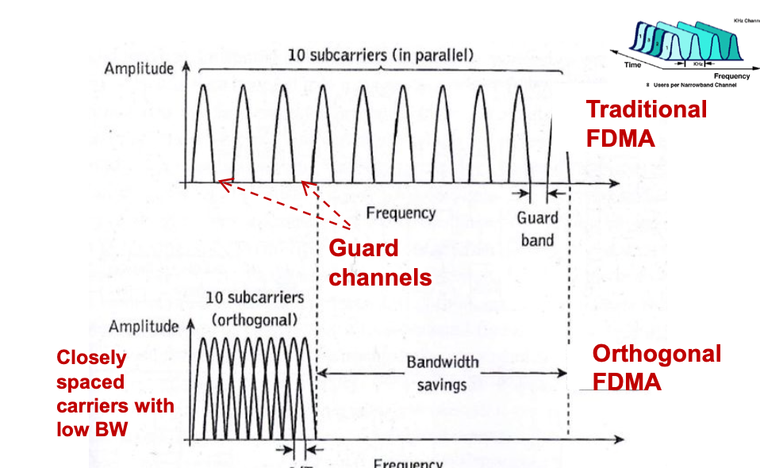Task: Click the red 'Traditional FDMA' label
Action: (646, 124)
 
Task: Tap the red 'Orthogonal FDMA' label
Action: (656, 367)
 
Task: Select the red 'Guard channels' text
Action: (380, 263)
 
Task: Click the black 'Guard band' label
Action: (538, 228)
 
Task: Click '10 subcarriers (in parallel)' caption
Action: (381, 55)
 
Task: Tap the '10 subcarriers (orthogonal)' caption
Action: (254, 310)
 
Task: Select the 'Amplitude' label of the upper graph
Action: (139, 68)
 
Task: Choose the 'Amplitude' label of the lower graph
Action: (144, 326)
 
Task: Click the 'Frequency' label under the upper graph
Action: (400, 213)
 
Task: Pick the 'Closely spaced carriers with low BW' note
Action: (115, 393)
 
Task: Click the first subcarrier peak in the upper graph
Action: (202, 87)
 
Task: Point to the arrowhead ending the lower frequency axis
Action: (618, 439)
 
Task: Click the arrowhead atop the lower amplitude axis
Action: (190, 325)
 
